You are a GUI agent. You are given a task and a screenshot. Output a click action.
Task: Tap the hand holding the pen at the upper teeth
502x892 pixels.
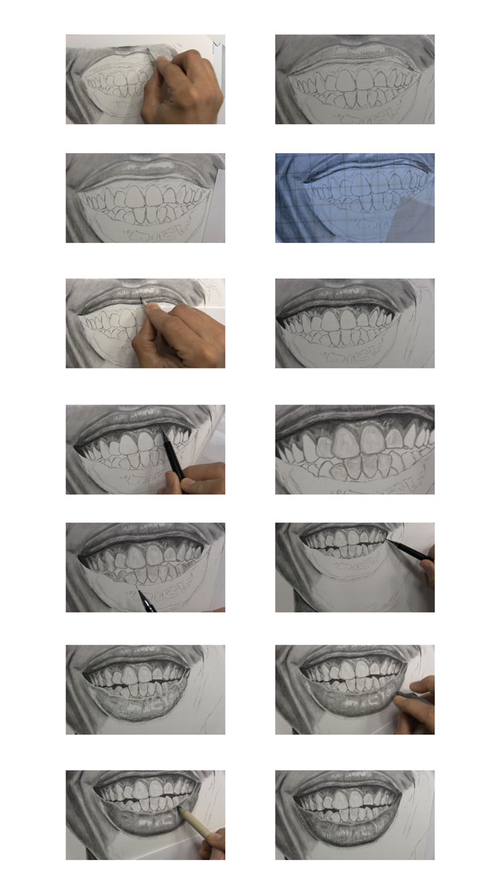pyautogui.click(x=202, y=479)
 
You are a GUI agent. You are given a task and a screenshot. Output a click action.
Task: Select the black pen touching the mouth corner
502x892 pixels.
pyautogui.click(x=409, y=550)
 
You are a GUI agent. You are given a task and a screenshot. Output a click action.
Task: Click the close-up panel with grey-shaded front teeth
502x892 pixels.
pyautogui.click(x=355, y=449)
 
